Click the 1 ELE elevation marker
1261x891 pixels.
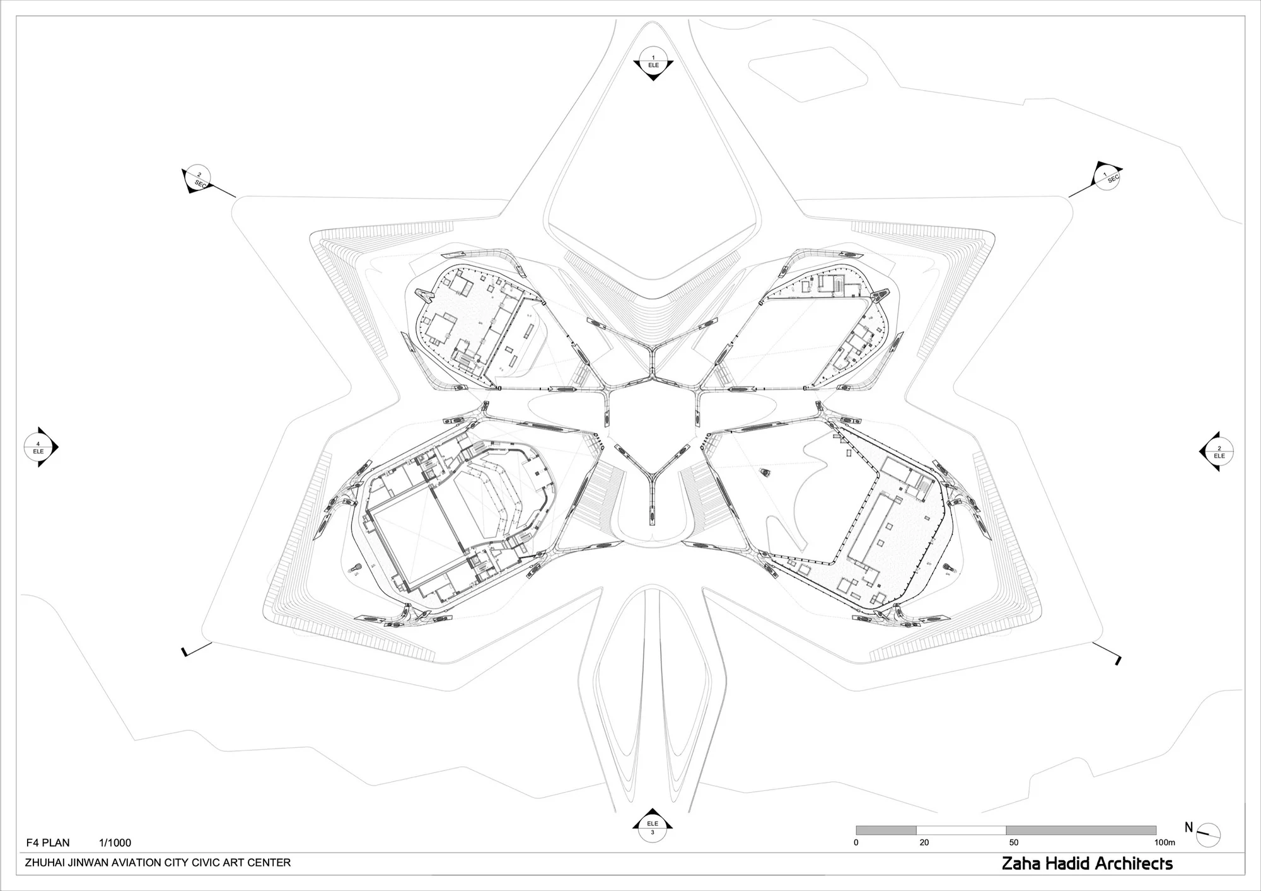tap(653, 62)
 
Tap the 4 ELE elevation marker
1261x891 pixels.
tap(39, 448)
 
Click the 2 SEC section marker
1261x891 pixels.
tap(199, 179)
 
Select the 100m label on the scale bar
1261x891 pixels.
tap(1165, 842)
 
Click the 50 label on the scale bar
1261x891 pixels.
tap(1013, 842)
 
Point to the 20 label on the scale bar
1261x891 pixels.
tap(924, 842)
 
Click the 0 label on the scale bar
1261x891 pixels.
tap(856, 842)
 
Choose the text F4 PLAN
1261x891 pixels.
tap(48, 842)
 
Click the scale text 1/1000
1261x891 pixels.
tap(115, 842)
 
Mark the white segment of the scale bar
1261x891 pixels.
tap(961, 830)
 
